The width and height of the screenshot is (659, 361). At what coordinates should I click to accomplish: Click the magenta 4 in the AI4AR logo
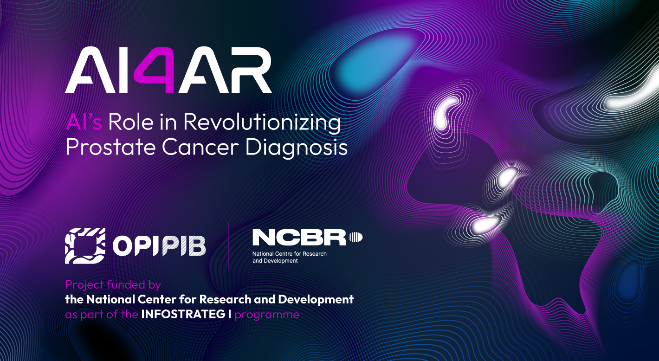coord(155,70)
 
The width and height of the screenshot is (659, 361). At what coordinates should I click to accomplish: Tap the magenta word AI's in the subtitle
coord(84,122)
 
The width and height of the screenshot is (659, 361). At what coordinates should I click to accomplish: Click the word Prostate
coord(110,147)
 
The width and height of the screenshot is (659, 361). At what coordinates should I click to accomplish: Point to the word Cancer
coord(200,147)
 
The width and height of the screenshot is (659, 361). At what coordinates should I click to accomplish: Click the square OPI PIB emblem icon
coord(85,245)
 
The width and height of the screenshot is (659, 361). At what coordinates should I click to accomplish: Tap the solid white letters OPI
coord(135,246)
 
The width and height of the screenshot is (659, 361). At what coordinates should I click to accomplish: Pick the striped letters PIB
coord(183,246)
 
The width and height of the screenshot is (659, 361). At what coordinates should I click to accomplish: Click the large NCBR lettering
coord(299,238)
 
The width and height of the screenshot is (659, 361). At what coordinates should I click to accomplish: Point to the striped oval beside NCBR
coord(355,237)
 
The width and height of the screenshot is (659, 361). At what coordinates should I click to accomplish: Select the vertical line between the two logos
coord(228,246)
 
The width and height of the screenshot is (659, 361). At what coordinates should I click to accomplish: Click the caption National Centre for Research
coord(290,254)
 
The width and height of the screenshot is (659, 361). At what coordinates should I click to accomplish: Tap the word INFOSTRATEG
coord(183,315)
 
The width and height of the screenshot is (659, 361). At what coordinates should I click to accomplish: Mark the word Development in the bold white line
coord(316,300)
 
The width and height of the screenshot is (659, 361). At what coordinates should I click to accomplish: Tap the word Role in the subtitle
coord(131,122)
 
